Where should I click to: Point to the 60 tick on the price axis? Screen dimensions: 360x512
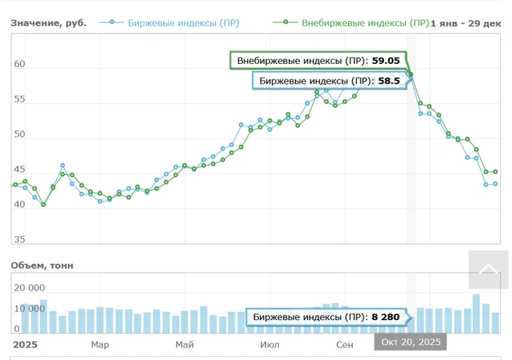(x=20, y=65)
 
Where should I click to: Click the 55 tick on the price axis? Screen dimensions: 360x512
(x=20, y=99)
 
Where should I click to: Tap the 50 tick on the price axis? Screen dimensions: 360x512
(x=20, y=134)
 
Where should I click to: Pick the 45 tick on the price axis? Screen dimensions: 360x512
(x=20, y=169)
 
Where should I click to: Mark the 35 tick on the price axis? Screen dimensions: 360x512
(x=20, y=240)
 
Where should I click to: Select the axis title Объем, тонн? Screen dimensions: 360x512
(x=42, y=266)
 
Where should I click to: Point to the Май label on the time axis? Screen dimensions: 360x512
(x=185, y=344)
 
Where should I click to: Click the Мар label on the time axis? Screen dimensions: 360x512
(x=100, y=344)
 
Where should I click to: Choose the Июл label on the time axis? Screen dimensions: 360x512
(x=270, y=344)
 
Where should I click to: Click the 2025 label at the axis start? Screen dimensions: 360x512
(x=25, y=344)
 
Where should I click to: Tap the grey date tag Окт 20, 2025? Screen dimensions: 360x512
(x=411, y=342)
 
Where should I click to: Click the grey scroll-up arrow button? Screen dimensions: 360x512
(x=488, y=269)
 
